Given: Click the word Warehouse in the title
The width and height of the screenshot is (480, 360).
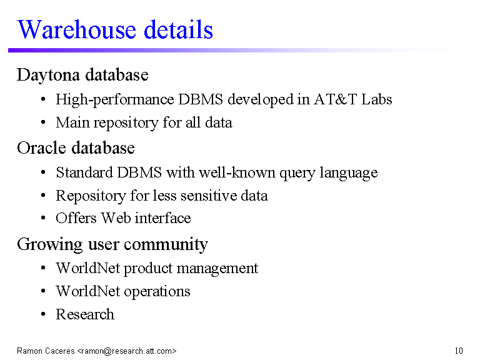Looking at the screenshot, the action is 76,29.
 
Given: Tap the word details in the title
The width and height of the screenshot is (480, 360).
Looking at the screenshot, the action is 178,29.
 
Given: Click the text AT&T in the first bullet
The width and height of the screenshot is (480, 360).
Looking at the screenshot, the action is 335,99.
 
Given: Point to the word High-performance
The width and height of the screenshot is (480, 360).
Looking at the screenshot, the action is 115,100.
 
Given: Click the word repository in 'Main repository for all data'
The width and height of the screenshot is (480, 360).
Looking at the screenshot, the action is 126,123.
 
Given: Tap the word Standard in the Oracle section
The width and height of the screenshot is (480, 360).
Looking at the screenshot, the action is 84,172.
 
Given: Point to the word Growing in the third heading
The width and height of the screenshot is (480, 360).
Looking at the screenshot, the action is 49,244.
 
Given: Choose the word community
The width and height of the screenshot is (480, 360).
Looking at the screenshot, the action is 166,244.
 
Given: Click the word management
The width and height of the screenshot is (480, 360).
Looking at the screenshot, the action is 217,269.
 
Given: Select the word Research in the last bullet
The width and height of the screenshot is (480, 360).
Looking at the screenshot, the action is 85,314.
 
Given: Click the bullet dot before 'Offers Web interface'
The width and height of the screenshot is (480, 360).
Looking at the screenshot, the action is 43,218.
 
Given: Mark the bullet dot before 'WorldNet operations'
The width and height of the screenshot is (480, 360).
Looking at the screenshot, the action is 43,291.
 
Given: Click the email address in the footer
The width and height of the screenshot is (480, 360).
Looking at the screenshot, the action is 127,351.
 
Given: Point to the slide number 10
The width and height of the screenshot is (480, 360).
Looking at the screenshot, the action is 459,351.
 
